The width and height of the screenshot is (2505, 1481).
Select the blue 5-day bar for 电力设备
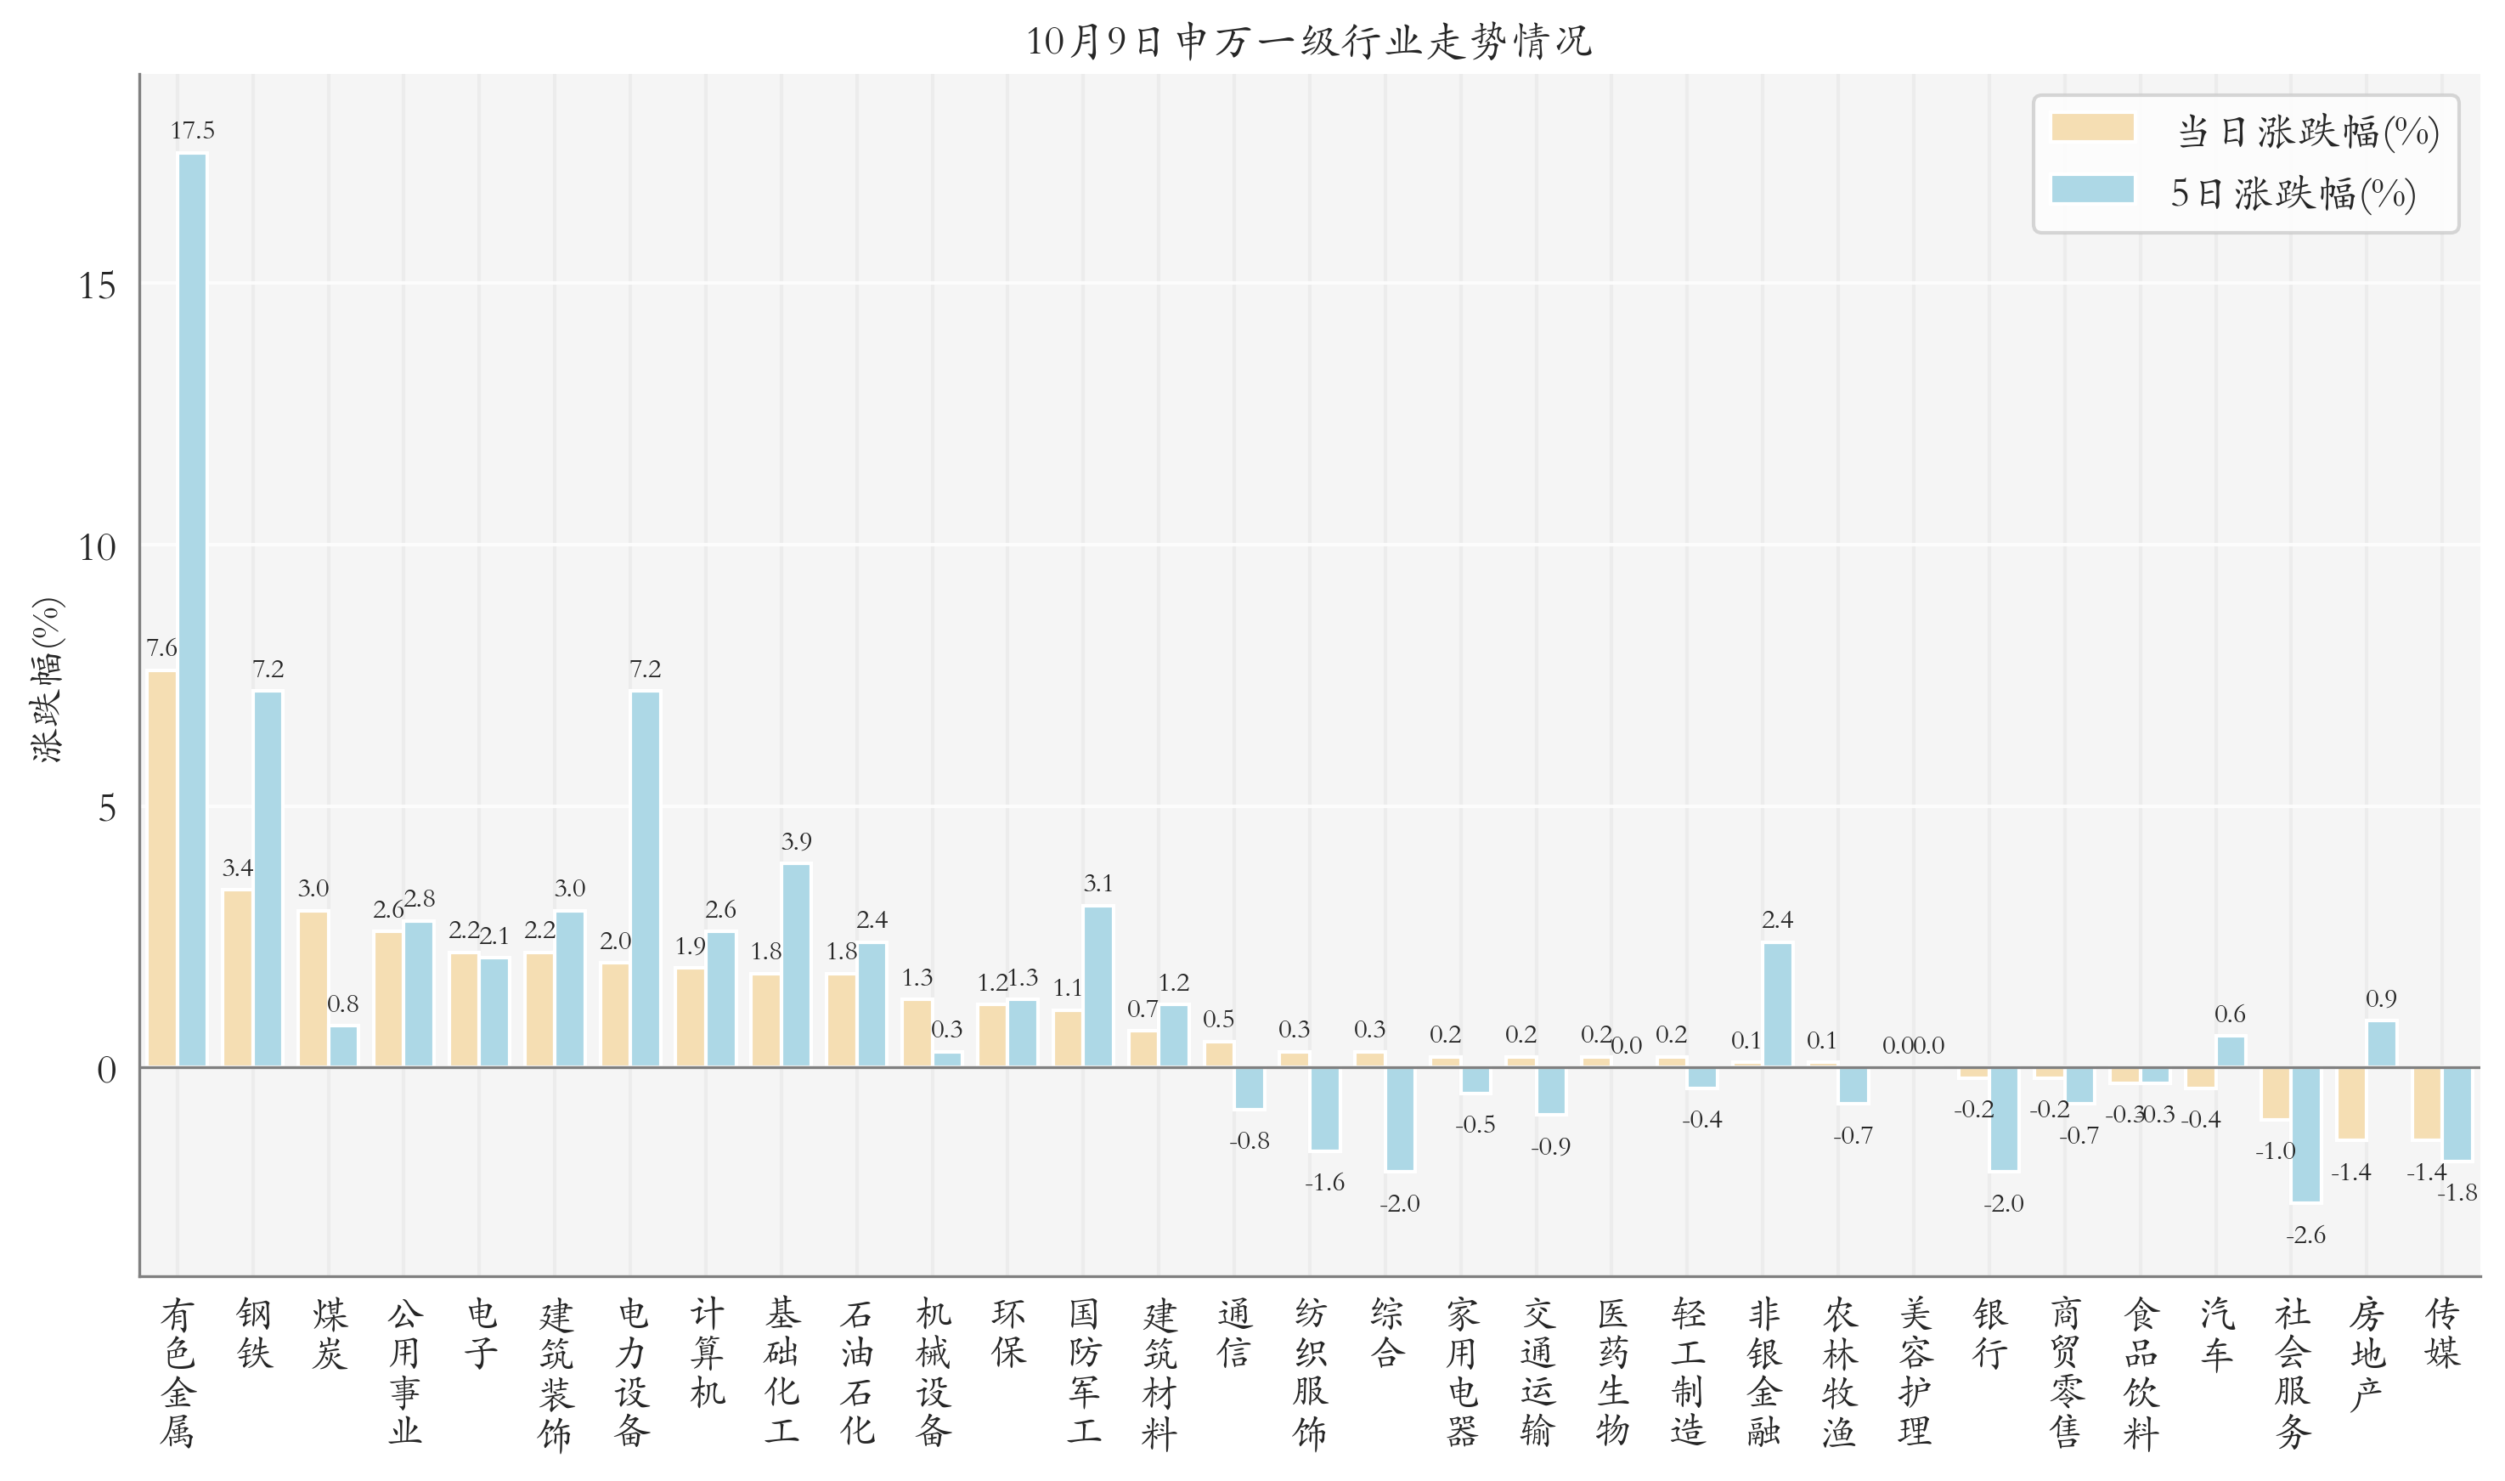coord(646,879)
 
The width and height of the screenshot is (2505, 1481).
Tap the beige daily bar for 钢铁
coord(238,978)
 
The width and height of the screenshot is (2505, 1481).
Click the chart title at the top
coord(1308,41)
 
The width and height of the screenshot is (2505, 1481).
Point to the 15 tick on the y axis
coord(97,286)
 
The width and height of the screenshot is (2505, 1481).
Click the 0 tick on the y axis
coord(105,1070)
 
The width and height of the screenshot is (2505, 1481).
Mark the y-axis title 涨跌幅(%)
coord(47,680)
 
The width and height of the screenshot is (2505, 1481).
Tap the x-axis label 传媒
coord(2443,1332)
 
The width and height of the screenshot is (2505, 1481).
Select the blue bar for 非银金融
coord(1777,1004)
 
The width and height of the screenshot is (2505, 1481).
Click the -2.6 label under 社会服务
coord(2305,1235)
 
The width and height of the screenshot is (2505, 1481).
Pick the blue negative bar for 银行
coord(2003,1119)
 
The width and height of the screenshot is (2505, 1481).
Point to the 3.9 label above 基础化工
coord(796,841)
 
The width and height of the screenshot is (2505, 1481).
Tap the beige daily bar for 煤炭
coord(313,988)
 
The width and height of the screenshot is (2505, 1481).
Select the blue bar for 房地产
coord(2381,1044)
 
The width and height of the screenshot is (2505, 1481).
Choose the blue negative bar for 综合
coord(1400,1119)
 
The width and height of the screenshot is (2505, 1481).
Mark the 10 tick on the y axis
coord(97,547)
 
